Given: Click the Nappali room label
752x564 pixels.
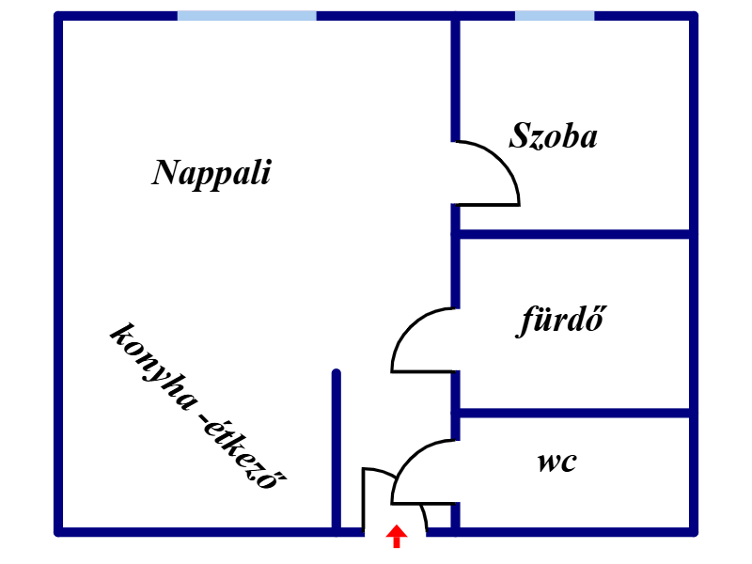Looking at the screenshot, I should pos(211,173).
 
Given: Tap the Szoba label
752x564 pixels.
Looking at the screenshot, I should pos(554,136).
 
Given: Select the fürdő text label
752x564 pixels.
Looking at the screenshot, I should pos(560,321).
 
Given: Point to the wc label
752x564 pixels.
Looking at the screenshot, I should pos(557,462).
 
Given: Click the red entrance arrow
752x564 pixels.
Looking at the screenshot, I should pos(397,537).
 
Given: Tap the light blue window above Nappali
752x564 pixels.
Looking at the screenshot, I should pos(246,15).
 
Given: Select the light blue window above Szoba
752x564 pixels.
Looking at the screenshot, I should pos(555,15).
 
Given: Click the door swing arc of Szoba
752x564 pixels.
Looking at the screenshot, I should pos(503,160).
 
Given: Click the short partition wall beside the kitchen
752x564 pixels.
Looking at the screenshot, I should pos(336,451).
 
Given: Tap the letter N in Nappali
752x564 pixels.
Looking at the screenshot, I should pos(166,172).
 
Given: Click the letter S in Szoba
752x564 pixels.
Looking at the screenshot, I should pos(520,136).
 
